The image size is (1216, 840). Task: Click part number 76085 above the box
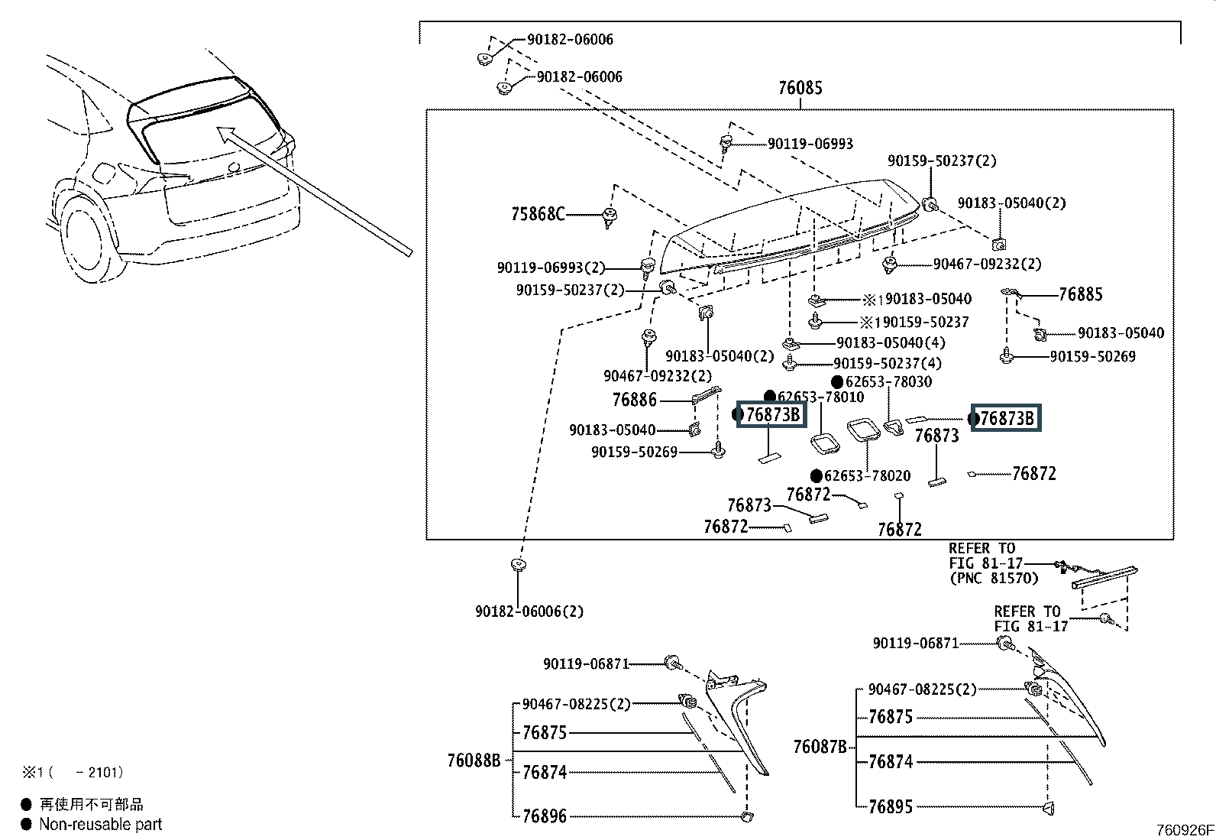tap(800, 88)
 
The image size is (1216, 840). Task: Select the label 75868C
tap(538, 215)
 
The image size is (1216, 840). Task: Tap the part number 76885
tap(1080, 294)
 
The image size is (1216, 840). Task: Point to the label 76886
tap(634, 400)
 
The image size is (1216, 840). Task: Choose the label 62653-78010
tap(821, 397)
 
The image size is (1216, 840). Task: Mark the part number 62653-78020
tap(867, 475)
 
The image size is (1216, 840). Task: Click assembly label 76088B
tap(474, 761)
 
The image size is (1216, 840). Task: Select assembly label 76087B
tap(820, 746)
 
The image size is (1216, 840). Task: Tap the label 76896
tap(544, 816)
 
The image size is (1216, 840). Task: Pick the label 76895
tap(890, 806)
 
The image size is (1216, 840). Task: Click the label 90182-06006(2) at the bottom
tap(529, 611)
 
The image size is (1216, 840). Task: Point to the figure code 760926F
tap(1184, 829)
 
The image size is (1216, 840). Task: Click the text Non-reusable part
tap(101, 824)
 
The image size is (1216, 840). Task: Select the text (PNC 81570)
tap(994, 579)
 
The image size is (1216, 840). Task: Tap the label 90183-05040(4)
tap(891, 343)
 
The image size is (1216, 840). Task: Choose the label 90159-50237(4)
tap(888, 364)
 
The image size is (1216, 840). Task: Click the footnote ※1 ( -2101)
tap(73, 773)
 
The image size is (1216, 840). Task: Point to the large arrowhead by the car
tap(225, 134)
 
